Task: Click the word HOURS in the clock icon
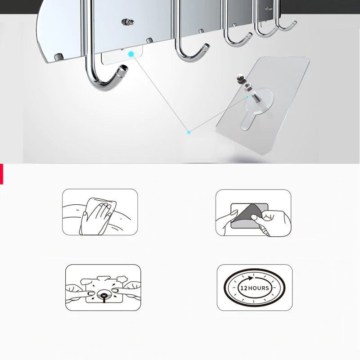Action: pyautogui.click(x=258, y=288)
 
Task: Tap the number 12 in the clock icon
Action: pyautogui.click(x=244, y=288)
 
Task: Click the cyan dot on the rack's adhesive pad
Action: pyautogui.click(x=131, y=54)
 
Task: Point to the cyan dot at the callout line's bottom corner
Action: pyautogui.click(x=189, y=132)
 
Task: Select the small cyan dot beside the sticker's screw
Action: pyautogui.click(x=247, y=96)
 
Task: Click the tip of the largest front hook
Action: pyautogui.click(x=123, y=68)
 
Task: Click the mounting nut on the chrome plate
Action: pyautogui.click(x=128, y=22)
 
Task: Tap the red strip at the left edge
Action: pyautogui.click(x=1, y=174)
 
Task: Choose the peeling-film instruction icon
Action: pyautogui.click(x=253, y=212)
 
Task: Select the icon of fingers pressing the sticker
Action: pyautogui.click(x=103, y=288)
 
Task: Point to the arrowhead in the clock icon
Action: pyautogui.click(x=251, y=278)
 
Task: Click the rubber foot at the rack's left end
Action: pyautogui.click(x=59, y=57)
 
